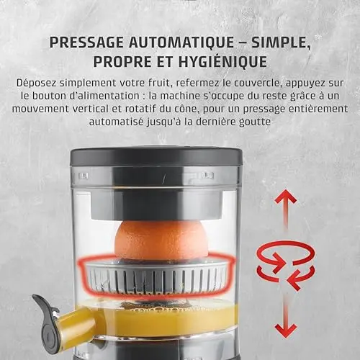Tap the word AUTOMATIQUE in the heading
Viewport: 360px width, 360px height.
tap(182, 43)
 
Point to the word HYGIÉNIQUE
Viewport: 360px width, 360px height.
tap(222, 61)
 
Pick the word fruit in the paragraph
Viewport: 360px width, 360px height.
tap(161, 83)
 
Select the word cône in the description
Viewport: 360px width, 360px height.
tap(188, 109)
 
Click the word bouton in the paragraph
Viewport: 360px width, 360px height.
tap(48, 96)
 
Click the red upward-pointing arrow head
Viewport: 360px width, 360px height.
tap(286, 197)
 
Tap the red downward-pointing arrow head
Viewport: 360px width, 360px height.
tap(286, 330)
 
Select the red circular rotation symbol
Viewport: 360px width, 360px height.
tap(286, 264)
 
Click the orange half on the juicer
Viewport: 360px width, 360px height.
tap(161, 240)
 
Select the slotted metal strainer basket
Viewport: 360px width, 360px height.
tap(156, 276)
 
